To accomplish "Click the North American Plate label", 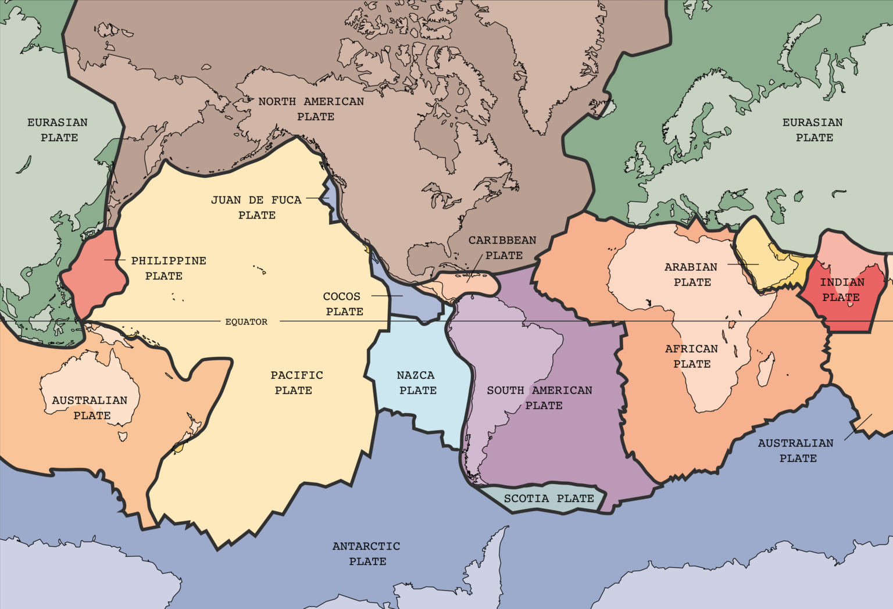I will tap(312, 109).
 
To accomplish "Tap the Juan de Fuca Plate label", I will tap(256, 207).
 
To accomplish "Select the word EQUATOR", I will tap(247, 321).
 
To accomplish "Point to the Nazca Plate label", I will tap(416, 382).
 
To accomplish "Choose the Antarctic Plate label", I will tap(366, 553).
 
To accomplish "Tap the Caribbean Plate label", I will tap(503, 248).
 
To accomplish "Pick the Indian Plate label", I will tap(842, 289).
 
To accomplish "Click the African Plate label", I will tap(691, 356).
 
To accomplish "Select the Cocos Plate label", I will tap(342, 303).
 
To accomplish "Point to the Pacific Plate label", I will tap(296, 382).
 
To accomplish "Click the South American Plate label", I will tap(540, 397).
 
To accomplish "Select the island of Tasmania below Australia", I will tap(123, 435).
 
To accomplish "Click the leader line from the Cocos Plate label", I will tap(387, 296).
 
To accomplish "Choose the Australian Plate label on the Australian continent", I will tap(90, 407).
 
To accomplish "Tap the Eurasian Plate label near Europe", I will tap(813, 130).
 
